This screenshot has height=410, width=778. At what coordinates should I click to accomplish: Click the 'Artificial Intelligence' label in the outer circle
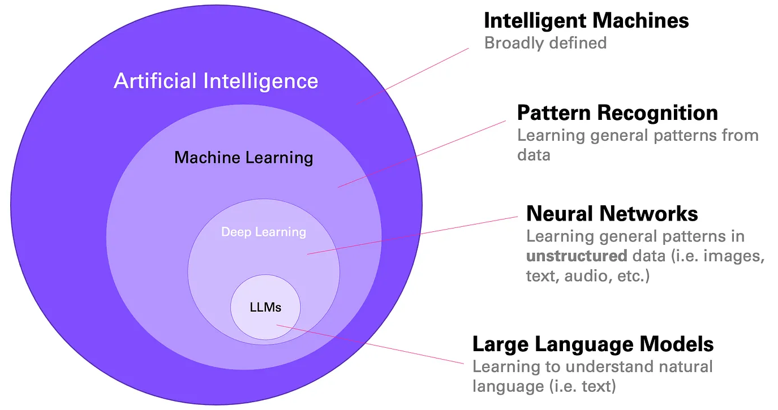[x=216, y=81]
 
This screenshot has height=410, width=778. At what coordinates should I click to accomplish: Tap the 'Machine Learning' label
[x=243, y=157]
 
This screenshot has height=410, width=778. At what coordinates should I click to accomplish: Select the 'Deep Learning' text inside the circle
[x=263, y=232]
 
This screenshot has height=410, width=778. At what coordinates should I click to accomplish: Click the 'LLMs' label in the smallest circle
[x=265, y=308]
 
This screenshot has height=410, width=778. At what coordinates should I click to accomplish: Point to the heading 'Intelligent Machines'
[x=586, y=21]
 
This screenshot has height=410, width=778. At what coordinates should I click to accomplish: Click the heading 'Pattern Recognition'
[x=617, y=113]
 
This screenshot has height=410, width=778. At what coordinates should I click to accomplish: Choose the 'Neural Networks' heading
[x=612, y=214]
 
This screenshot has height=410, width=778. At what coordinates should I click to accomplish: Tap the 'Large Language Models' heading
[x=592, y=344]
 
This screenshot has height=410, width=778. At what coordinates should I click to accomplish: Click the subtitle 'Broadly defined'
[x=545, y=42]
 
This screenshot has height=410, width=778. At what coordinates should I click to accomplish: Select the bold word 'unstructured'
[x=576, y=256]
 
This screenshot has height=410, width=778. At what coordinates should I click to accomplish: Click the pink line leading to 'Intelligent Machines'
[x=413, y=76]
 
